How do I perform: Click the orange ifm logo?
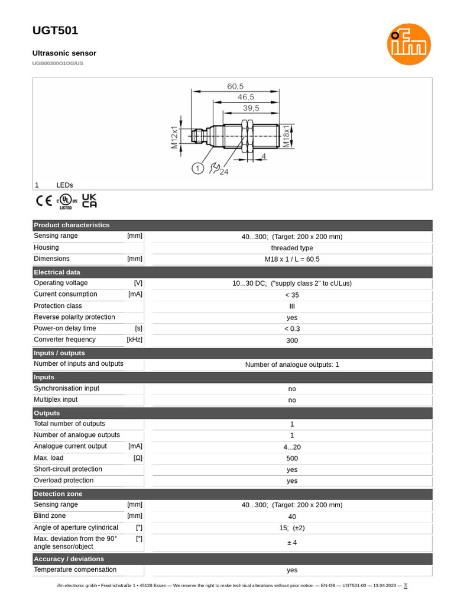click(x=409, y=44)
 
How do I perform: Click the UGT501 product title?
click(x=55, y=31)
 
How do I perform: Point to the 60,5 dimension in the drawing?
click(x=235, y=86)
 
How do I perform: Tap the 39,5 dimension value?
click(x=251, y=108)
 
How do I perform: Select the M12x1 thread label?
click(x=175, y=137)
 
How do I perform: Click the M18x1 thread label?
click(x=286, y=136)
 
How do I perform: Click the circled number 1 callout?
click(x=197, y=169)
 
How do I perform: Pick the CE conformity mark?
click(x=44, y=201)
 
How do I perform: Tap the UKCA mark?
click(x=89, y=201)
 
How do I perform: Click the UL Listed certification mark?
click(x=66, y=201)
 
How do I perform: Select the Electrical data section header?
click(x=57, y=272)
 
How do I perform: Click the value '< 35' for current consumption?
click(x=292, y=295)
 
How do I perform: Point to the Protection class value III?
click(x=292, y=307)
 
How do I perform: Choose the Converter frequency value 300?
click(x=292, y=340)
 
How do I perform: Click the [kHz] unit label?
click(x=134, y=340)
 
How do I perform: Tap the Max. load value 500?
click(x=292, y=458)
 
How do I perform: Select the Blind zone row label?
click(x=50, y=516)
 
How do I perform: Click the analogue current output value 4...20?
click(x=292, y=447)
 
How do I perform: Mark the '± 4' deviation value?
click(x=292, y=543)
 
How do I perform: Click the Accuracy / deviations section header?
click(x=69, y=559)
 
